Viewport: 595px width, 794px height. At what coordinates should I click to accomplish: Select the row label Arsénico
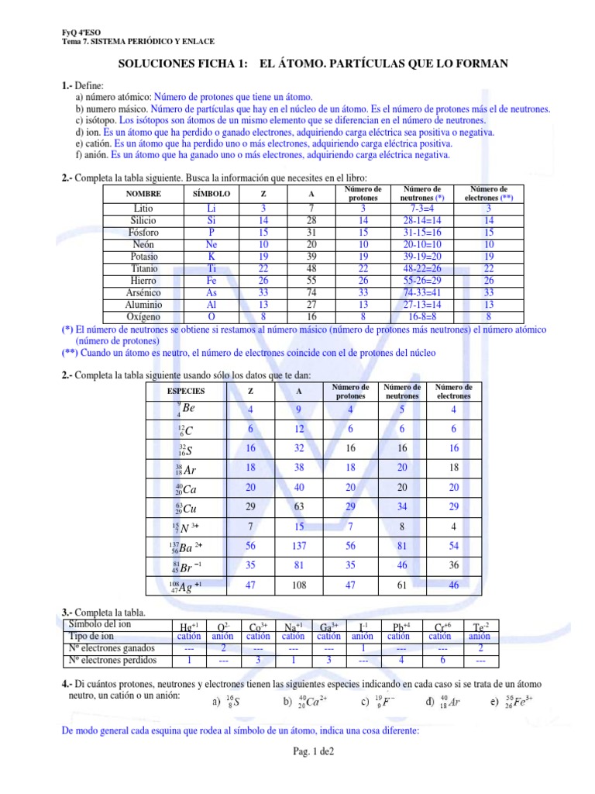[143, 292]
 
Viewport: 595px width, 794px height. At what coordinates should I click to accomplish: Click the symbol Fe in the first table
[212, 281]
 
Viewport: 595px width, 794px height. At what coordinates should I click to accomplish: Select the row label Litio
[143, 209]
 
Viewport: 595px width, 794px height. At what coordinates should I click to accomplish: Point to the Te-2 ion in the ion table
[480, 626]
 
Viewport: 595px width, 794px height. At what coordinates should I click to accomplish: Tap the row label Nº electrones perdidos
[112, 660]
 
